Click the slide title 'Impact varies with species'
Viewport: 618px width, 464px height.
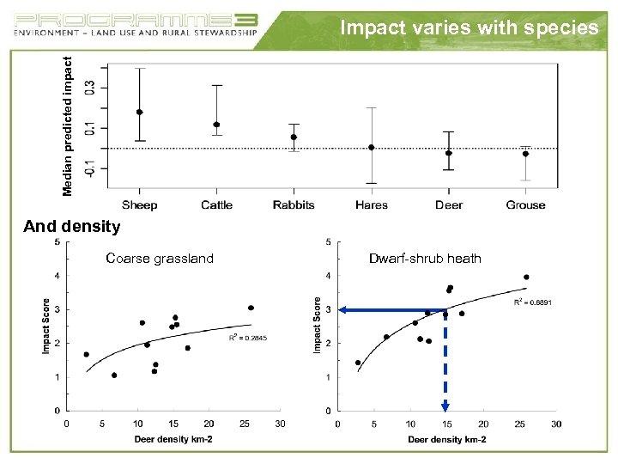coord(469,27)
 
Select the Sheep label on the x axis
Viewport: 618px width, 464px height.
coord(139,205)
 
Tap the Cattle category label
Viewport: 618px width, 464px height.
coord(216,205)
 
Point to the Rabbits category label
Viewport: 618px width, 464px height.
coord(294,205)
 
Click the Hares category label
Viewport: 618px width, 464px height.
coord(371,205)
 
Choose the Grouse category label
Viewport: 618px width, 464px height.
coord(525,205)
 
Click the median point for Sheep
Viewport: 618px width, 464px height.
coord(139,112)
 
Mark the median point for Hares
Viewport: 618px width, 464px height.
coord(371,147)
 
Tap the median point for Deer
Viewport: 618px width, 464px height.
coord(448,153)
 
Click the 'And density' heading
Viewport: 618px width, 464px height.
coord(72,227)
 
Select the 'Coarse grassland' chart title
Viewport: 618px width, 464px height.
coord(160,259)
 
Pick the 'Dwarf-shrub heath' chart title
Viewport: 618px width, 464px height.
coord(425,259)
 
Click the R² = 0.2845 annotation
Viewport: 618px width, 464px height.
coord(248,338)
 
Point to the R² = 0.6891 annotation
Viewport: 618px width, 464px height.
coord(532,302)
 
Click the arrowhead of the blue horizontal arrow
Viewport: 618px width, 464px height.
coord(342,310)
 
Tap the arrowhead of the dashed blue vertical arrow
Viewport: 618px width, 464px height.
coord(445,406)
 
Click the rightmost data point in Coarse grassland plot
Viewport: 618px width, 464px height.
coord(251,308)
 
